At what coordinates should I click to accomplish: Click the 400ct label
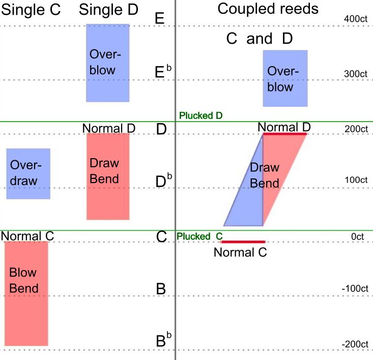(356, 19)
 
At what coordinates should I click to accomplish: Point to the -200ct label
(355, 344)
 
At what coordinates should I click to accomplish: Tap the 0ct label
(357, 236)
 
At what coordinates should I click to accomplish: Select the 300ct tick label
(356, 74)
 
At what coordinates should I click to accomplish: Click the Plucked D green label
(201, 116)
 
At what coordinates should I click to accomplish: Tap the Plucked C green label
(199, 236)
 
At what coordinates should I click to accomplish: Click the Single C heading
(31, 10)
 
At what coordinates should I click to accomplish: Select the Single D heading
(108, 10)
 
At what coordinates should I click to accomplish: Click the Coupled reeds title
(268, 9)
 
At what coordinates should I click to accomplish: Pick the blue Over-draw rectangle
(28, 174)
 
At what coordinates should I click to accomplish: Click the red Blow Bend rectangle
(26, 293)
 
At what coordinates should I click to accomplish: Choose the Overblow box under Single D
(108, 63)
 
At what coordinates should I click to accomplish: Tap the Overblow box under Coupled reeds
(285, 78)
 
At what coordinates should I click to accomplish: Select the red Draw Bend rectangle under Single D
(108, 176)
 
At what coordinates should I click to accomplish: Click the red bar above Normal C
(243, 242)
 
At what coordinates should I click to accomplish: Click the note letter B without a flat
(161, 289)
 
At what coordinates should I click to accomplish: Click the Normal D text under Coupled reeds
(284, 127)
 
